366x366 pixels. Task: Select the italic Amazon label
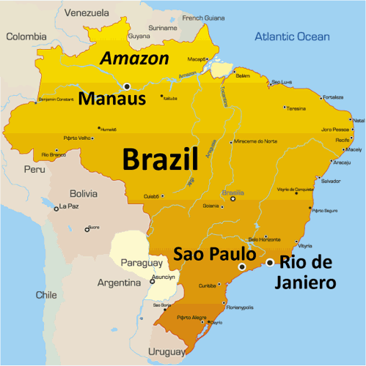point(134,59)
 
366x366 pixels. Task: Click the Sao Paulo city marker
point(241,267)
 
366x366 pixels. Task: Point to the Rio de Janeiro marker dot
point(270,262)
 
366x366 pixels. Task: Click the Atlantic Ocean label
point(292,37)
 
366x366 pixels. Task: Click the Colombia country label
point(26,37)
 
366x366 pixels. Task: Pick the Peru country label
point(34,169)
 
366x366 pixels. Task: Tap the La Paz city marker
point(56,209)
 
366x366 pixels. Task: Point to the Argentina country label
point(119,283)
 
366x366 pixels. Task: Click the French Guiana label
point(203,18)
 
